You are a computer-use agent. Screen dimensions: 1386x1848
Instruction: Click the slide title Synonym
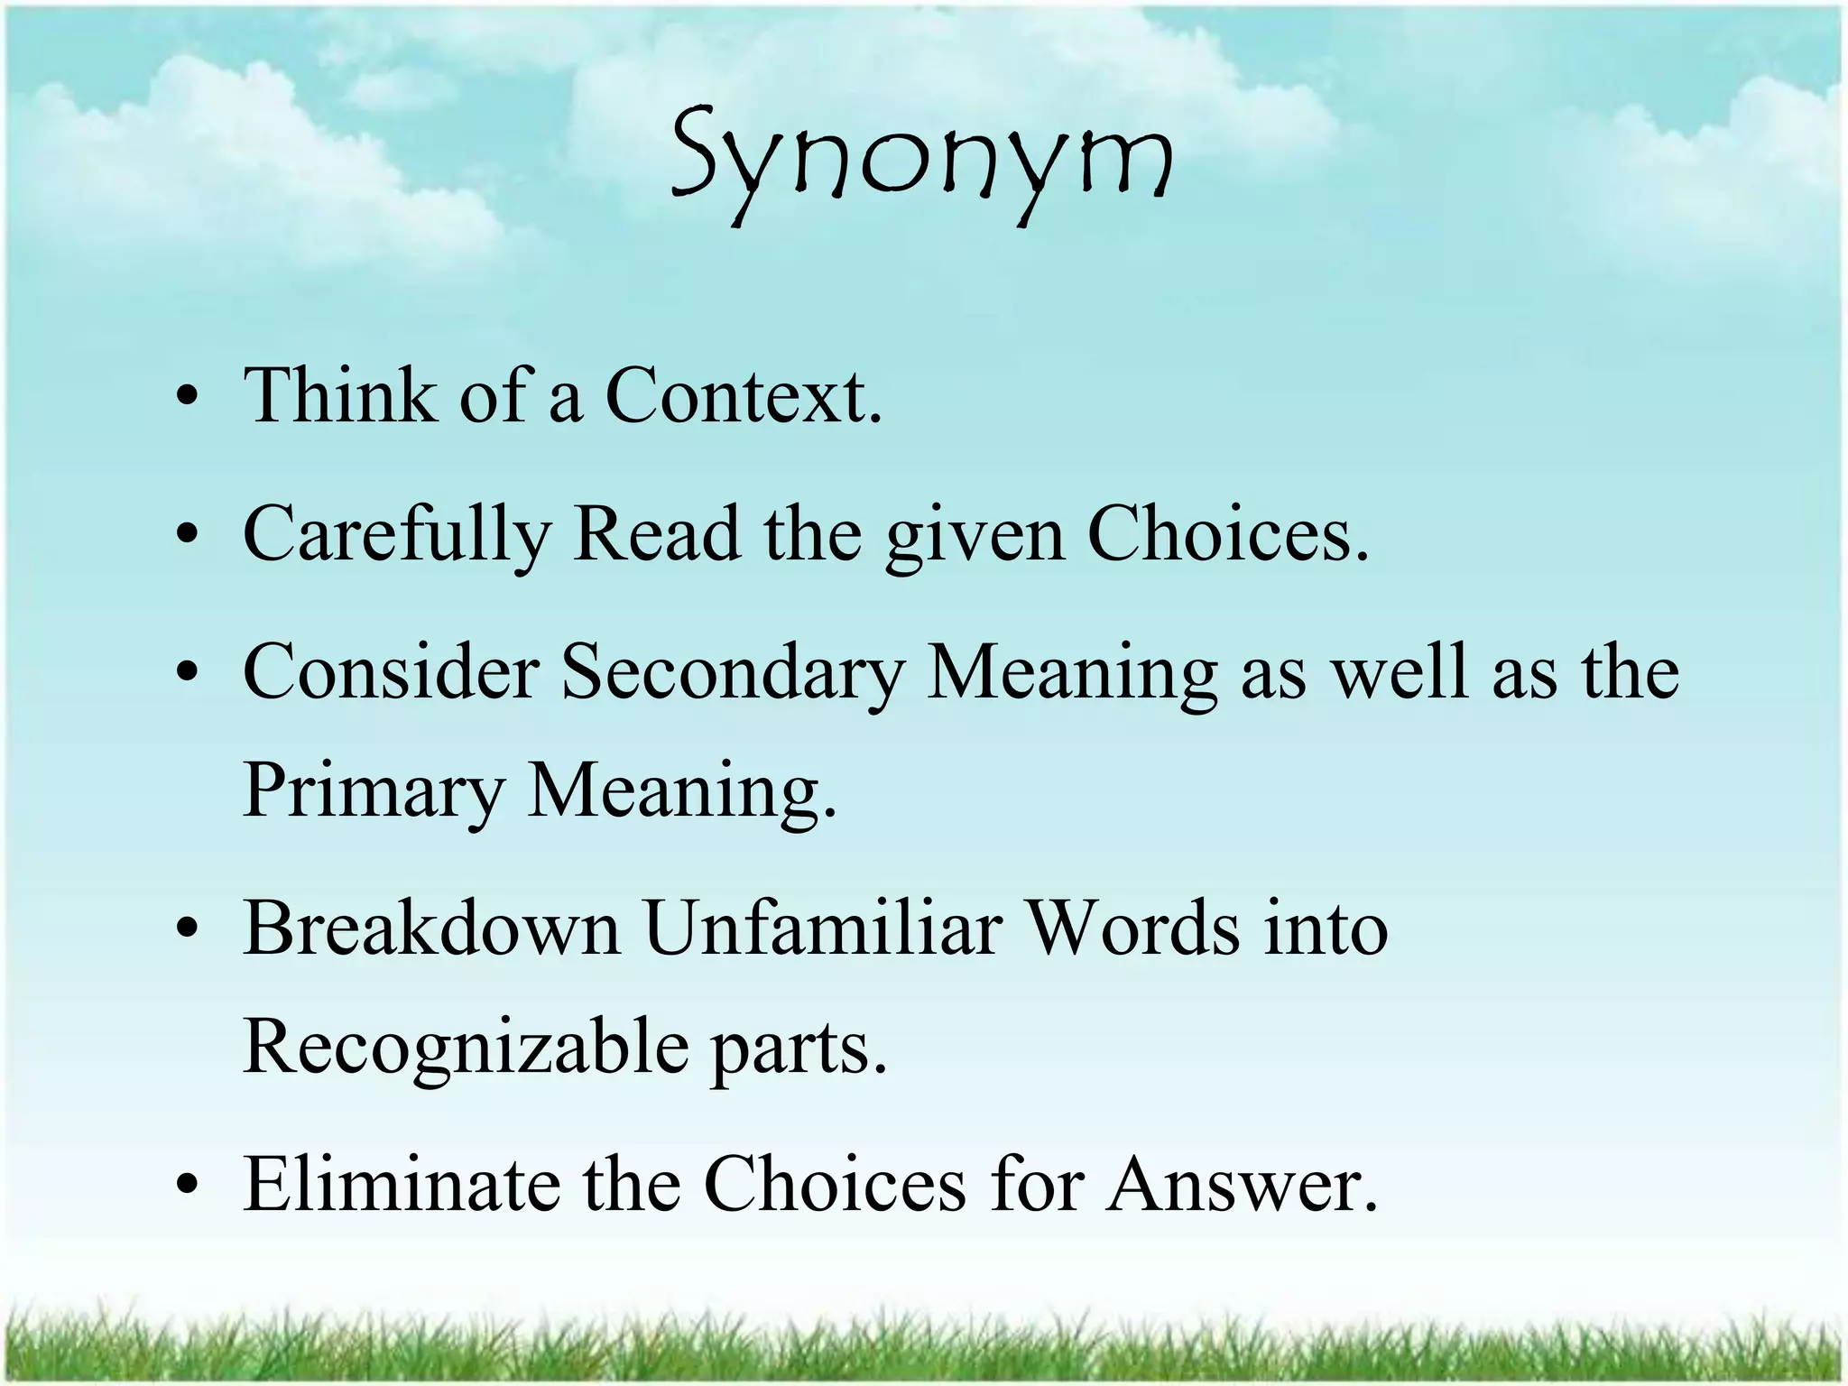point(922,162)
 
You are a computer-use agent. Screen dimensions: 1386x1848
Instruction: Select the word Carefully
point(397,534)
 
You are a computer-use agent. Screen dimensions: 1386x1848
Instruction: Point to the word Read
point(657,534)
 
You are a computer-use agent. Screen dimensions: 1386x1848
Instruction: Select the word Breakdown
point(431,929)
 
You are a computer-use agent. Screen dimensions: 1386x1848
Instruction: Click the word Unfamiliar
point(823,929)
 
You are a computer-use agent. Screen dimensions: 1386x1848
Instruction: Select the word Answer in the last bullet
point(1243,1184)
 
